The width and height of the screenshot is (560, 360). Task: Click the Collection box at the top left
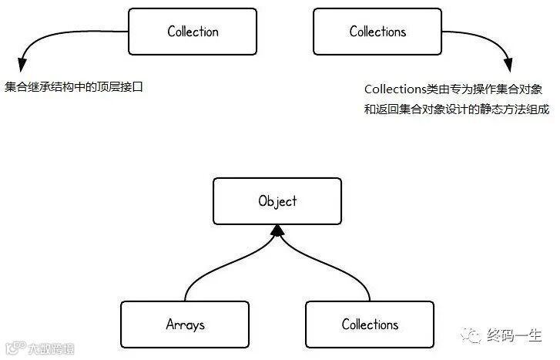(193, 32)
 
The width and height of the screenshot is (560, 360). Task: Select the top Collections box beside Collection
(377, 32)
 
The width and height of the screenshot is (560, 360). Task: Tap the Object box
(277, 201)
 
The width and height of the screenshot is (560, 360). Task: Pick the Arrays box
(185, 324)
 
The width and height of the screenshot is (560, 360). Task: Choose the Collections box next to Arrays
(370, 324)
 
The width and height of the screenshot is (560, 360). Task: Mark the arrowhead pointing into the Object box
(277, 229)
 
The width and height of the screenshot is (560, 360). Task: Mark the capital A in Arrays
(169, 324)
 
